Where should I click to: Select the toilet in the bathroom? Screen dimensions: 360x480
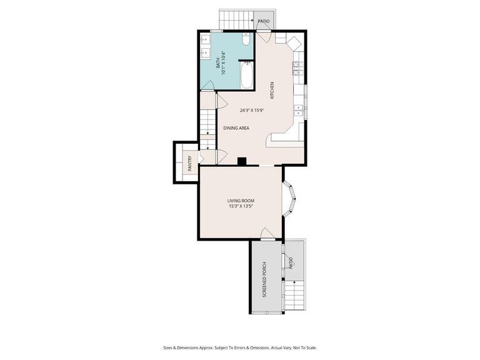click(246, 40)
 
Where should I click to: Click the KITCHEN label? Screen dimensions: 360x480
click(272, 91)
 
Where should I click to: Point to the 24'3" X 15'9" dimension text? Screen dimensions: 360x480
click(252, 111)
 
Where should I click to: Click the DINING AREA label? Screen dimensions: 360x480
click(236, 128)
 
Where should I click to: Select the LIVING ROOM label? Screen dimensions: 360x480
click(241, 201)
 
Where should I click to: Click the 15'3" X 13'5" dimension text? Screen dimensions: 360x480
click(241, 207)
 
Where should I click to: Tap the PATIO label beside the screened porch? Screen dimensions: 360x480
click(291, 264)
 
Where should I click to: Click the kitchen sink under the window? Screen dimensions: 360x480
click(299, 111)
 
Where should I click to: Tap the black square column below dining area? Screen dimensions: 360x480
click(242, 162)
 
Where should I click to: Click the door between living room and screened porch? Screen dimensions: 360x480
click(267, 234)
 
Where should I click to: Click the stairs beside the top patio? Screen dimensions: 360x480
click(236, 20)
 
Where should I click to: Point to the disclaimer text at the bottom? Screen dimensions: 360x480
click(240, 348)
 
